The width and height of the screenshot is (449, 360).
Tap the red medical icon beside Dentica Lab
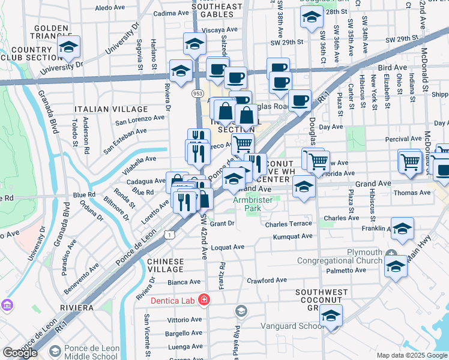(205, 299)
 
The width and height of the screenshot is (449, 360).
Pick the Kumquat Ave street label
(292, 236)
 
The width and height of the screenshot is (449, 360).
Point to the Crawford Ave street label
(268, 280)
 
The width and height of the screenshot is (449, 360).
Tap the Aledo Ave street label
(110, 8)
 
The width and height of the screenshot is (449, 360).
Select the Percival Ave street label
(403, 139)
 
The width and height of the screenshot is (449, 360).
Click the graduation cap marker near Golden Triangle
(69, 47)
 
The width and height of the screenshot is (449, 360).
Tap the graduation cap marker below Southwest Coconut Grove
(331, 316)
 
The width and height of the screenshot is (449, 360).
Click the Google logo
(20, 353)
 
